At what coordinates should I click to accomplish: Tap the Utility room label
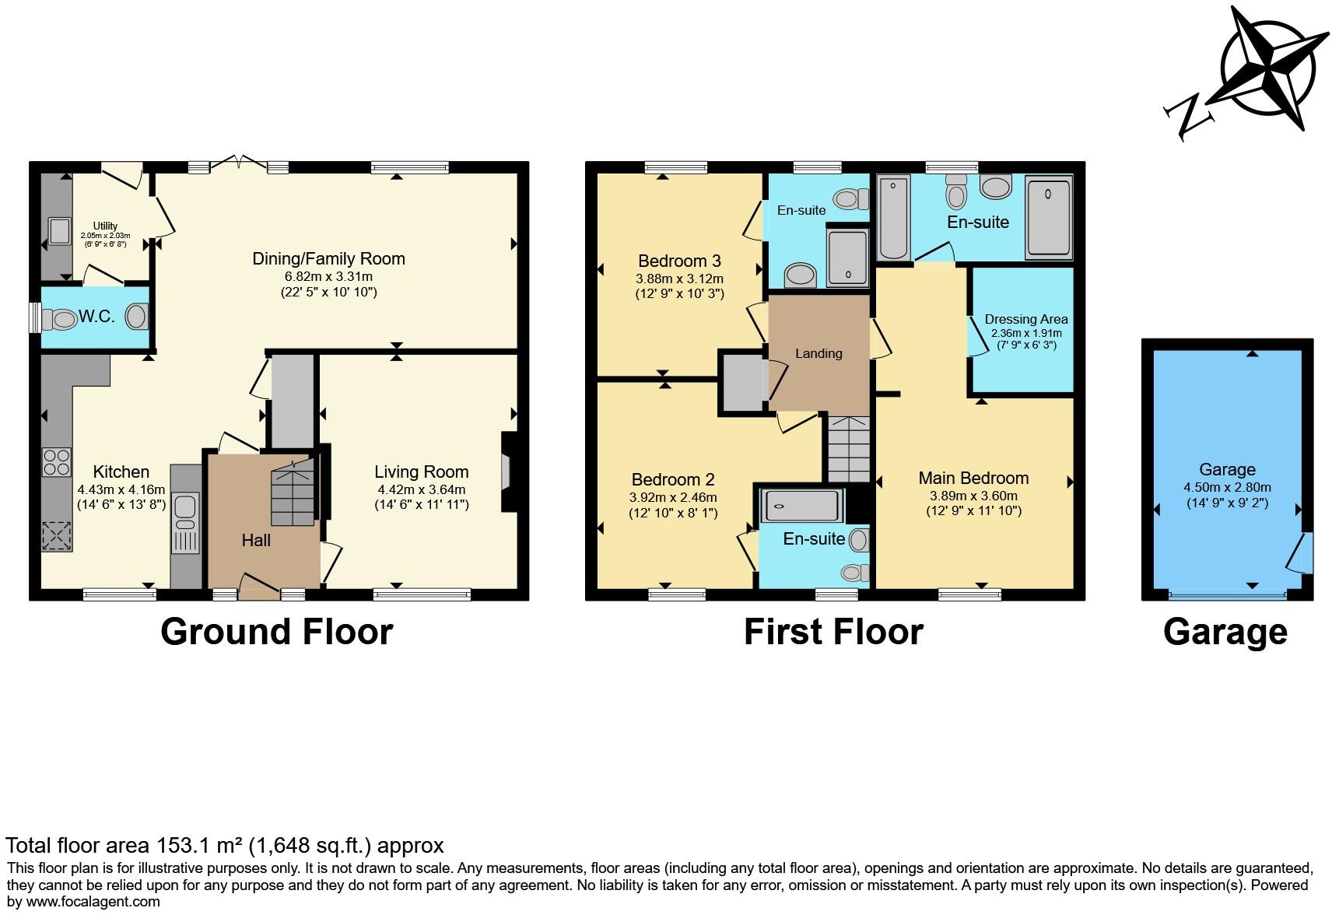(x=105, y=226)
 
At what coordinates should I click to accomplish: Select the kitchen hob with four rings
(x=56, y=462)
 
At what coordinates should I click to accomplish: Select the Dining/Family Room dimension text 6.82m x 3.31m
(x=328, y=276)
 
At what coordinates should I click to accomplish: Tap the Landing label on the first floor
(x=818, y=353)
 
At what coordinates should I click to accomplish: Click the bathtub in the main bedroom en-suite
(x=893, y=217)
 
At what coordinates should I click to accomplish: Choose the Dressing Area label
(x=1025, y=319)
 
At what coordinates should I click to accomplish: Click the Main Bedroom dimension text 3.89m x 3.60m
(x=973, y=496)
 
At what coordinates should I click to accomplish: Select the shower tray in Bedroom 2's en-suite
(x=802, y=506)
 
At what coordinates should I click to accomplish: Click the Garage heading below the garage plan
(x=1225, y=632)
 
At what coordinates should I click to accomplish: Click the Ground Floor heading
(x=276, y=632)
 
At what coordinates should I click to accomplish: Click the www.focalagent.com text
(x=92, y=902)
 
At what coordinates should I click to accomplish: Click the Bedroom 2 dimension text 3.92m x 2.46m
(x=673, y=498)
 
